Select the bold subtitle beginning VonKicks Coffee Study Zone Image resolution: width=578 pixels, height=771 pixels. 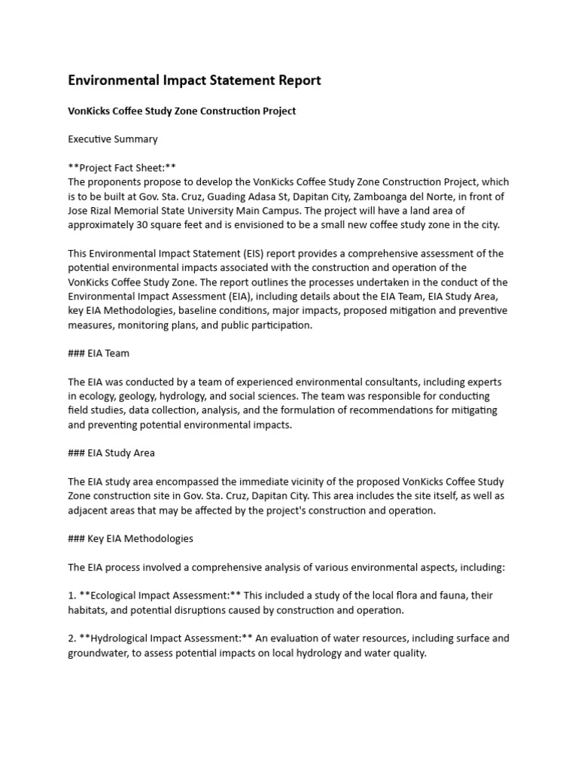coord(182,111)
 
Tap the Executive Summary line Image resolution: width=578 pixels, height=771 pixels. coord(113,139)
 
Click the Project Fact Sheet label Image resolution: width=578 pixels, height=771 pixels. coord(122,167)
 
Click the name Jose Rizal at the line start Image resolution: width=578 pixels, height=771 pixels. coord(92,210)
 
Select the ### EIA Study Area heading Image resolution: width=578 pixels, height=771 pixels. coord(111,453)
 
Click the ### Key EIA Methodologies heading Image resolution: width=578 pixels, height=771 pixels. coord(131,538)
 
